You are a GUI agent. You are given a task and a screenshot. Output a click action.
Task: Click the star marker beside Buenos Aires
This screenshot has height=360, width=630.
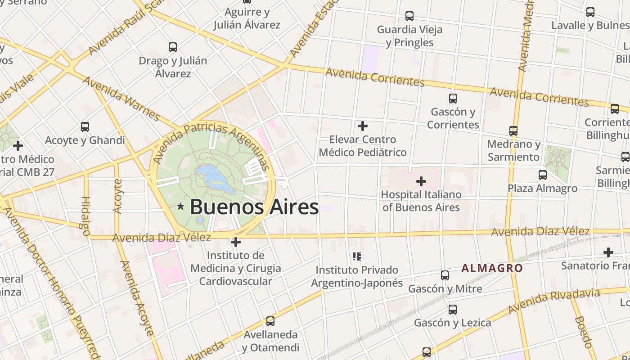coord(180,207)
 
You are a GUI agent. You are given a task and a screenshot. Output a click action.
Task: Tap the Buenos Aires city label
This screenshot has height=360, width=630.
coord(254,207)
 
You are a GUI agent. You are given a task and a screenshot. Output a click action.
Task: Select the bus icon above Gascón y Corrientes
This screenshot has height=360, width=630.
coord(453,98)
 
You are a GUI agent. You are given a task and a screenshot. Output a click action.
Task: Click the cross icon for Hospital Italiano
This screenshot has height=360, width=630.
coord(421,181)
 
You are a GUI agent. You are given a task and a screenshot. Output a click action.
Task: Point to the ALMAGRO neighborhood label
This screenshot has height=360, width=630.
coord(492,268)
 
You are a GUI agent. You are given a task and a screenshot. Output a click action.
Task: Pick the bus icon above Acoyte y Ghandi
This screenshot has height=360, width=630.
coord(85,127)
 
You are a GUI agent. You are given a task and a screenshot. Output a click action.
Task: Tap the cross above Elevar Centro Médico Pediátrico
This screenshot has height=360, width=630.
coord(362,126)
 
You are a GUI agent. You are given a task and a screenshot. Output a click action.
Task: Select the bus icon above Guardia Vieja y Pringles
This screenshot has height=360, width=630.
coord(409,16)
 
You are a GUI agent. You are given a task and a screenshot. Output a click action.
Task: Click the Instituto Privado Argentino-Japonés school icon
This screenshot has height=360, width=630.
coord(357,256)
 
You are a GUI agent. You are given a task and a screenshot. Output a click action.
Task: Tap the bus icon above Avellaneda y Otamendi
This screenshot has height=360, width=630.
coord(270,321)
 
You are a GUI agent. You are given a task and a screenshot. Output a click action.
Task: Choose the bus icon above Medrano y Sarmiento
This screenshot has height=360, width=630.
coord(513,131)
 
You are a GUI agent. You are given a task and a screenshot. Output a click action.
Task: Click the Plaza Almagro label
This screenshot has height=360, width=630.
coord(542,188)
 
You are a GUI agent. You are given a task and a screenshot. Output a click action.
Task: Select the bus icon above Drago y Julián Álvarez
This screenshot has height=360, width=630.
coord(173,47)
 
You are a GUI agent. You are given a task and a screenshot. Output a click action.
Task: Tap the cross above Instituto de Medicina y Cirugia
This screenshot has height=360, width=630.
coord(235,242)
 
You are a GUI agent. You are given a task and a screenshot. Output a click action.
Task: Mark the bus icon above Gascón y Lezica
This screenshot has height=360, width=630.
coord(453,310)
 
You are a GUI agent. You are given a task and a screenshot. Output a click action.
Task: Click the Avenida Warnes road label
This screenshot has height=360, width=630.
coord(121,99)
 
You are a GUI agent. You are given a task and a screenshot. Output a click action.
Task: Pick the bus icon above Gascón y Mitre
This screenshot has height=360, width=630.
coord(445,275)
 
